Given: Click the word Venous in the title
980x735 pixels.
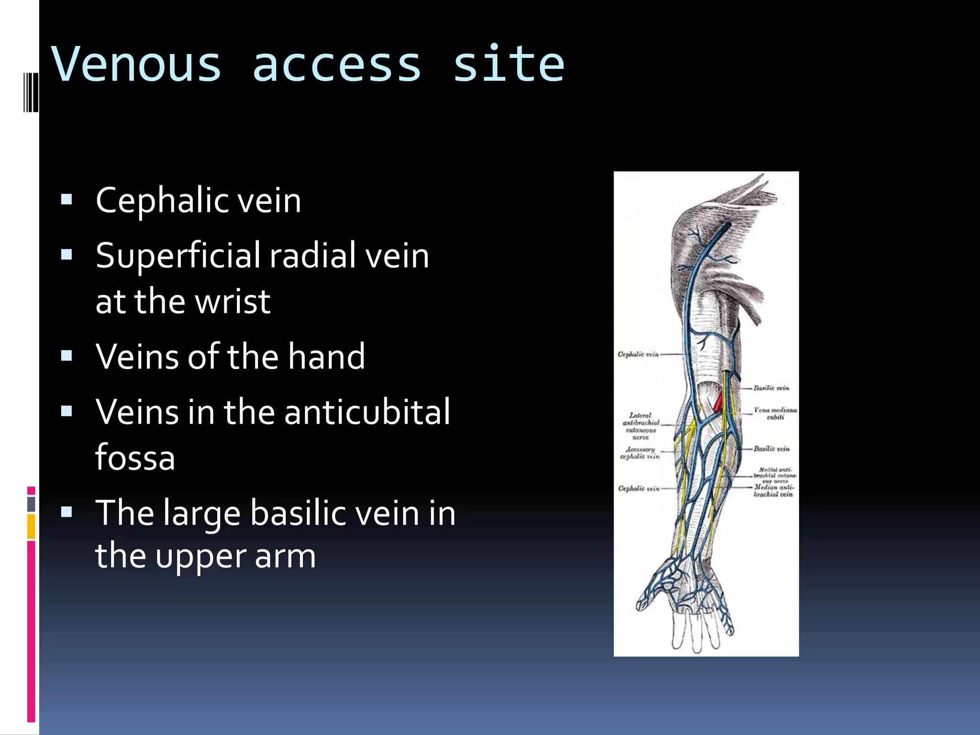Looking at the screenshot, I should click(137, 65).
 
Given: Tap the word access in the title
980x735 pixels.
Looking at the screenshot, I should click(336, 65).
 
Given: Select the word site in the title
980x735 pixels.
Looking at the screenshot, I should click(508, 65).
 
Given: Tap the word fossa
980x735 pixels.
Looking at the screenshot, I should click(135, 457).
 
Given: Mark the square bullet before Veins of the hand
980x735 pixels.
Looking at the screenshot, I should click(67, 356).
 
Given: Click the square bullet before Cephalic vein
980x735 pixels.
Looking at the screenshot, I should click(67, 199).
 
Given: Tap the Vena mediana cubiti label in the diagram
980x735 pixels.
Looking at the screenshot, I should click(775, 413).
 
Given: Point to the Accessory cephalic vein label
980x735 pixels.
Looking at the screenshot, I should click(640, 453).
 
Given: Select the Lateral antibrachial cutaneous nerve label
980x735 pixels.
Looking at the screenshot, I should click(641, 426).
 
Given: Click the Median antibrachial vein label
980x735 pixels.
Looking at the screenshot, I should click(773, 490).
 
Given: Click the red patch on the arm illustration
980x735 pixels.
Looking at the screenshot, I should click(718, 402).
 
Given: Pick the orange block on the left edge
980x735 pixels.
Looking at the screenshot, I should click(31, 526).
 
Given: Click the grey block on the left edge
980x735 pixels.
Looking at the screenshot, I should click(31, 504).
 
